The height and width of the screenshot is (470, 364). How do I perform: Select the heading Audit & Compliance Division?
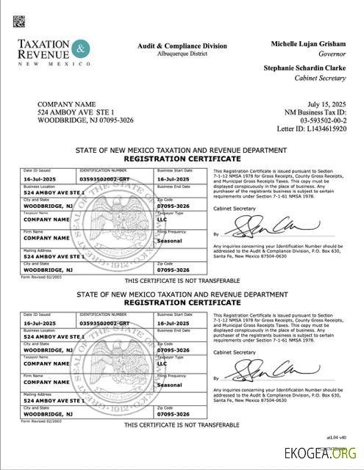click(x=183, y=46)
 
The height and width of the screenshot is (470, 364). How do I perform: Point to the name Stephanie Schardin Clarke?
click(x=304, y=68)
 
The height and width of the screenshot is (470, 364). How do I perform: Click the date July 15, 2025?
click(x=324, y=105)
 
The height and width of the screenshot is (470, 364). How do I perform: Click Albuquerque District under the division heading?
click(x=183, y=54)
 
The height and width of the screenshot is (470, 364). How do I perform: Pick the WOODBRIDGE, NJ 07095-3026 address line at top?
click(x=85, y=120)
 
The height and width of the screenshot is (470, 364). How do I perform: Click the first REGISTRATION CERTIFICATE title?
click(x=182, y=159)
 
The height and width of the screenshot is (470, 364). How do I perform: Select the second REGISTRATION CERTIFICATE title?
click(x=182, y=302)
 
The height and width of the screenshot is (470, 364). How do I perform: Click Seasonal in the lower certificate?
click(x=170, y=384)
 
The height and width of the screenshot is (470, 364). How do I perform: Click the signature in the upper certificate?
click(x=249, y=223)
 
